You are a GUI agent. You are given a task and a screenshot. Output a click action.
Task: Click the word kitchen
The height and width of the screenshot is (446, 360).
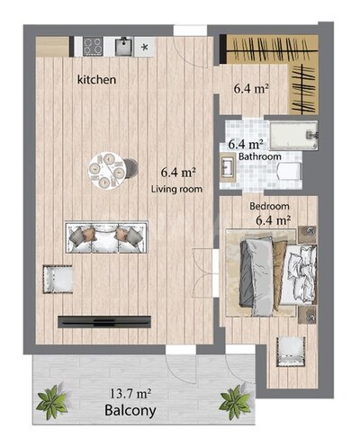click(96, 80)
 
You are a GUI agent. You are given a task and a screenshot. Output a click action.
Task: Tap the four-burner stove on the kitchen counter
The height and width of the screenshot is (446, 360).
click(93, 47)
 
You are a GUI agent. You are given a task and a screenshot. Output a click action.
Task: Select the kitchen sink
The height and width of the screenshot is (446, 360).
click(124, 46)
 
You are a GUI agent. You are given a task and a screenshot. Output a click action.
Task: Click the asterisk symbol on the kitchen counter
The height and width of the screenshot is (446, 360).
click(145, 47)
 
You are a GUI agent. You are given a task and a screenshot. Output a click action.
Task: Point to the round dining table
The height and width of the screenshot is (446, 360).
click(106, 171)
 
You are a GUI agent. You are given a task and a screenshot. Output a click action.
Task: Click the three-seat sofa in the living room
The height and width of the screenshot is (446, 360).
click(106, 237)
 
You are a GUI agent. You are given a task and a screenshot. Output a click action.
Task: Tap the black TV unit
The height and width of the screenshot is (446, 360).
click(104, 322)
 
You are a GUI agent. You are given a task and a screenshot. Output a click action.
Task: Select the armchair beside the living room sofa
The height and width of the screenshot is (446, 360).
click(58, 279)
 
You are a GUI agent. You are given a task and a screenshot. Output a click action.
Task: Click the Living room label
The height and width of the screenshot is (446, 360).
click(176, 189)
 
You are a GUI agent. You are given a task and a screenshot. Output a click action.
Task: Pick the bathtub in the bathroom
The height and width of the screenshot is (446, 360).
click(293, 136)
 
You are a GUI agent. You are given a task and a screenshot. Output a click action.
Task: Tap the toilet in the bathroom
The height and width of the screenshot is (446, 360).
click(290, 171)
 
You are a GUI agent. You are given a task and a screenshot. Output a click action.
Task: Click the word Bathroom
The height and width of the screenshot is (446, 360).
click(260, 156)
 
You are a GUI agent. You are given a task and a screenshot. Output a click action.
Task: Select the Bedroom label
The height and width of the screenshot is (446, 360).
click(269, 206)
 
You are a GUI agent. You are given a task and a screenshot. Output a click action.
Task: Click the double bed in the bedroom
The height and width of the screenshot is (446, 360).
click(271, 272)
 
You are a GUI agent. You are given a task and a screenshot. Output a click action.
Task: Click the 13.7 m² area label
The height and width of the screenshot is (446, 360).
click(130, 393)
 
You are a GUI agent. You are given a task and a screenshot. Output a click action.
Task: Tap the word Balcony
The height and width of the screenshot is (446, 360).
click(130, 411)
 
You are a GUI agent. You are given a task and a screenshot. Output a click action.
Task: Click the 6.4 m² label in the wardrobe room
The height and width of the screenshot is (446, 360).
click(251, 89)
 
